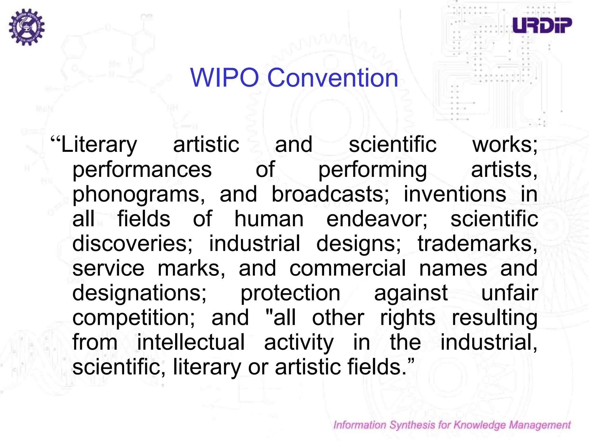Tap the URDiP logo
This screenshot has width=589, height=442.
(x=542, y=25)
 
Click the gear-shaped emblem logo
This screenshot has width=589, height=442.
(x=27, y=27)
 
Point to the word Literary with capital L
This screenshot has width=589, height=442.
(x=99, y=145)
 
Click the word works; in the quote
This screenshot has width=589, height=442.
(x=505, y=145)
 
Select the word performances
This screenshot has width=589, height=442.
(x=142, y=169)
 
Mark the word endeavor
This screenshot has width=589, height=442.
(x=377, y=219)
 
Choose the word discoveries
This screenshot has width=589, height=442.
(x=132, y=243)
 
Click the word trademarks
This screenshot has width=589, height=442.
(x=477, y=243)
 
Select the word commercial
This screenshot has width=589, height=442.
(x=348, y=268)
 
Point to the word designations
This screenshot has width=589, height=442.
(x=139, y=293)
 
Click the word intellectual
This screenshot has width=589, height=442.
(x=191, y=342)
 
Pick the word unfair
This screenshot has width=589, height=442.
(x=509, y=293)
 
